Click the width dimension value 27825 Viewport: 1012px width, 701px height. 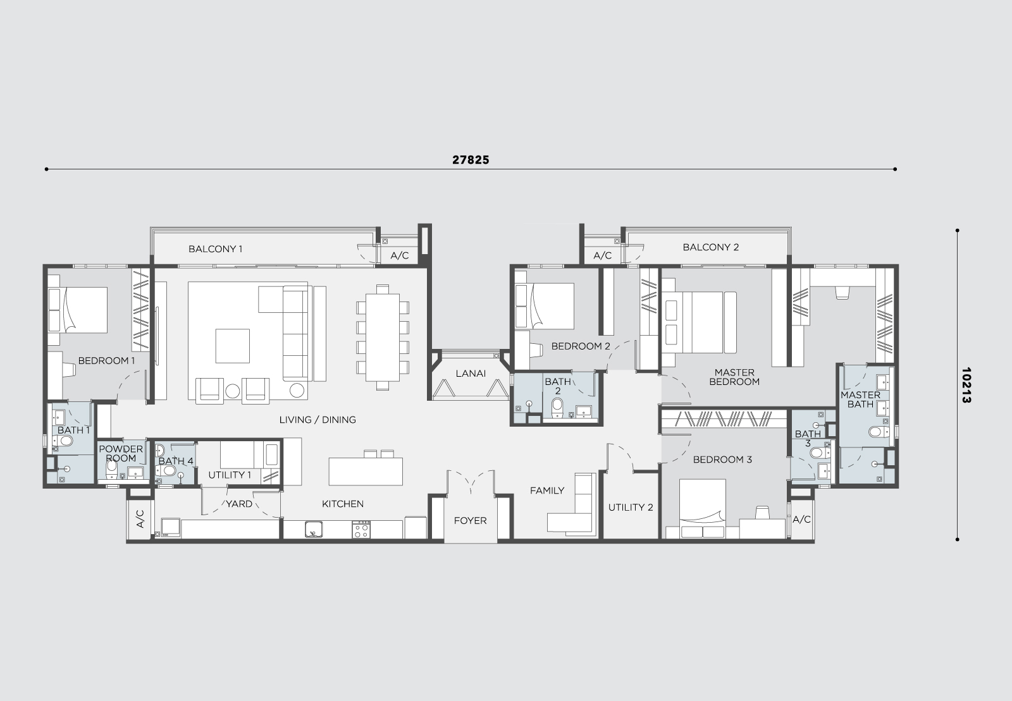click(471, 160)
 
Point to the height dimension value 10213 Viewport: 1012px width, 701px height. click(966, 385)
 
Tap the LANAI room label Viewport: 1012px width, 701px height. click(471, 374)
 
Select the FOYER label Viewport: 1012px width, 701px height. click(471, 520)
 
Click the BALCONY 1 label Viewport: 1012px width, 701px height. click(216, 248)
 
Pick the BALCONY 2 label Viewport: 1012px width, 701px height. click(711, 247)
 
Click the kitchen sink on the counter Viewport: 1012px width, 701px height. click(314, 530)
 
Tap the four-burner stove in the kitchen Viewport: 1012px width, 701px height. click(361, 530)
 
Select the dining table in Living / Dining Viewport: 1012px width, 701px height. click(383, 338)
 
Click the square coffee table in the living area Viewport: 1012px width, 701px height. click(232, 346)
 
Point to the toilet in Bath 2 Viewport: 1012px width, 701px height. click(557, 408)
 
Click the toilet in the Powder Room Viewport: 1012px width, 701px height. click(111, 470)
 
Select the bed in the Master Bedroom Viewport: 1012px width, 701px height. click(700, 322)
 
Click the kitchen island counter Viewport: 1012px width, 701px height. click(366, 472)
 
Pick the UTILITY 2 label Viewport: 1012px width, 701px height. click(631, 508)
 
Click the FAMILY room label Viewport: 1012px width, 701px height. click(547, 491)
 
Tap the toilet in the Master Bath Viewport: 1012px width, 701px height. click(879, 432)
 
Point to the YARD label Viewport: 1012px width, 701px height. click(239, 504)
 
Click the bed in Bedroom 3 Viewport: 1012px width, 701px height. click(703, 509)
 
